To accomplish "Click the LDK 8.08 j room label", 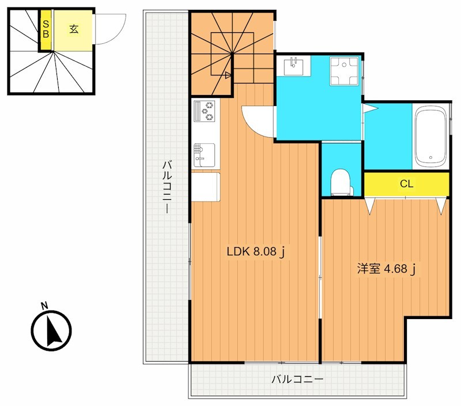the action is tap(256, 252).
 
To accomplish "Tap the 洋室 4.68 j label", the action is tap(386, 269).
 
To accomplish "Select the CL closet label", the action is tap(407, 184).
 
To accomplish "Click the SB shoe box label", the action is tap(46, 29).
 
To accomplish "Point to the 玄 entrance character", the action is tap(74, 29).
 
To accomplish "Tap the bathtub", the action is tap(430, 136).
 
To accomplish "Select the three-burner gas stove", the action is tap(205, 111).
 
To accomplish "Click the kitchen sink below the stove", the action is tap(204, 155).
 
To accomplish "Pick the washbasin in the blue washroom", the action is tap(294, 66).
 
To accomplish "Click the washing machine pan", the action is tap(344, 71).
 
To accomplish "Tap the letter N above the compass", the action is tap(45, 306).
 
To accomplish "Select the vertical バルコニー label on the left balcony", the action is tap(168, 187).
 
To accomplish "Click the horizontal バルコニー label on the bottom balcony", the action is tap(297, 380).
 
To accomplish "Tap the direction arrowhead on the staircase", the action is tap(228, 75).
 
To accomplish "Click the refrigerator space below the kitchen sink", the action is tap(206, 187).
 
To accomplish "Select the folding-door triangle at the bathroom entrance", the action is tap(370, 108).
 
